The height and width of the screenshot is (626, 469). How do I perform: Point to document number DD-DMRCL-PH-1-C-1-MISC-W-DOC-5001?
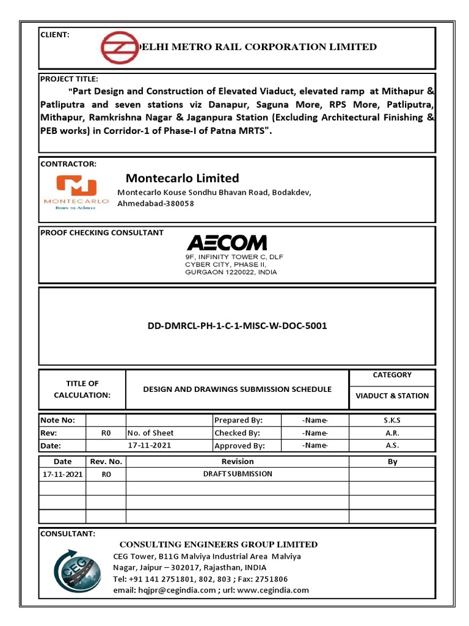pos(237,326)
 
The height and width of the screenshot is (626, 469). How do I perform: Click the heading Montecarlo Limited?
pos(182,178)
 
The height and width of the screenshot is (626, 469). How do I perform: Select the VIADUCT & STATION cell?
pos(392,396)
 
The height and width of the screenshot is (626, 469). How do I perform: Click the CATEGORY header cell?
pos(392,375)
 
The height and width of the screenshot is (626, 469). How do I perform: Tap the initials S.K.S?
pos(392,420)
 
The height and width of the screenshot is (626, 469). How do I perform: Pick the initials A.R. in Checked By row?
pos(392,433)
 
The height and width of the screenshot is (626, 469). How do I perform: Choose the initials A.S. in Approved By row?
pos(392,446)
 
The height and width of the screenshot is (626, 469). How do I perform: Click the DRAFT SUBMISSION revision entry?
pos(238,474)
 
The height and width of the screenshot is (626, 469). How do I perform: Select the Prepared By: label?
pos(238,420)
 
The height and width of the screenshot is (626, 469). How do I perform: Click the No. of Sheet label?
pos(150,433)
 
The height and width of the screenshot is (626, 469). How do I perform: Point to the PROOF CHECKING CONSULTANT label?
pos(101,232)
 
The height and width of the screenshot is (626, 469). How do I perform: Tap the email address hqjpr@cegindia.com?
pos(164,590)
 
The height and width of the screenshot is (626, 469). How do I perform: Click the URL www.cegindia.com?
pos(272,590)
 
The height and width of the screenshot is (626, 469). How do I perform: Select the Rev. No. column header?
pos(106,462)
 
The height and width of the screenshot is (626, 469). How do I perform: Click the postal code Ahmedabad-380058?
pos(156,203)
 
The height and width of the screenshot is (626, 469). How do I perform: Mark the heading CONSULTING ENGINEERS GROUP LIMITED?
pos(218,544)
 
